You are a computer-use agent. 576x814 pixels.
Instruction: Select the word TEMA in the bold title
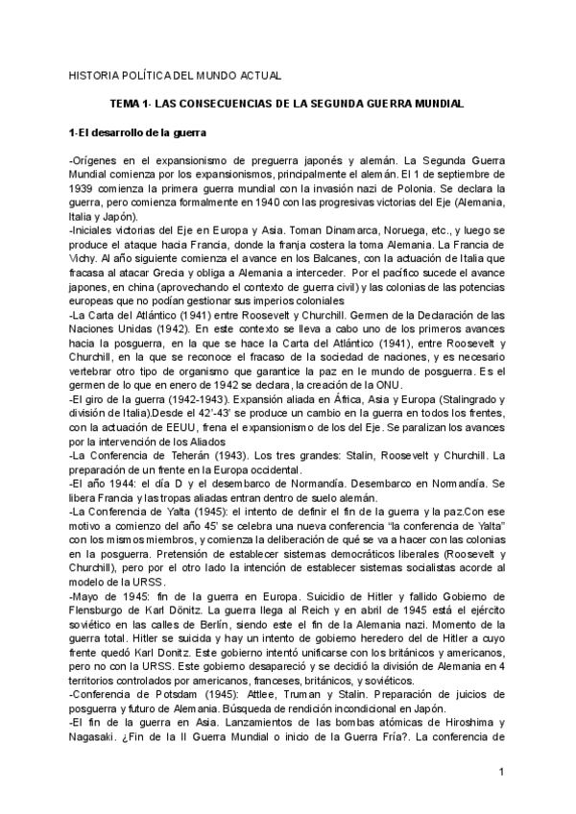(126, 103)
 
